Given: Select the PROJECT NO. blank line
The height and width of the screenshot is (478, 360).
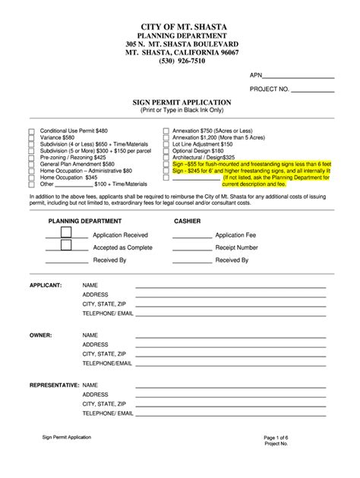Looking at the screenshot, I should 313,90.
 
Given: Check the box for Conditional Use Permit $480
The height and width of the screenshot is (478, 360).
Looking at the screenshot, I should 31,131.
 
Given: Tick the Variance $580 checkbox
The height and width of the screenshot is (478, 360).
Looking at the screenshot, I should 31,137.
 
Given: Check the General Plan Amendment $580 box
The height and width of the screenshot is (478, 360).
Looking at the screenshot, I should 31,164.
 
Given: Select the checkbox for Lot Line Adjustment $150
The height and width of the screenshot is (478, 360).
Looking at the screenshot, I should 166,143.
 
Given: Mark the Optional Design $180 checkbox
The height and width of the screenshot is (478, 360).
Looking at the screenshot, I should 166,150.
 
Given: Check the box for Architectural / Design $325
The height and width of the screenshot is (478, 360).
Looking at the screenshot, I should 166,157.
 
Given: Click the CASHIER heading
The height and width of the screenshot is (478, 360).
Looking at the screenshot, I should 188,221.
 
